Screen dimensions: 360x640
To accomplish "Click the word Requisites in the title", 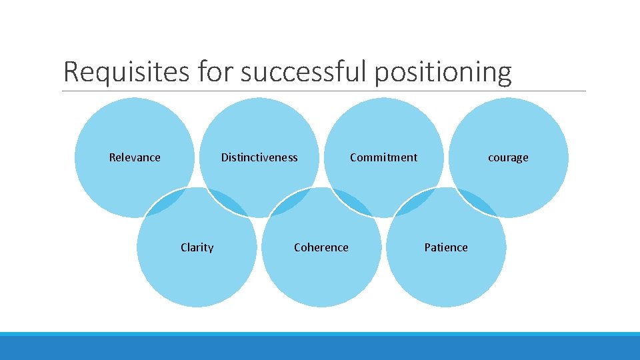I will [126, 72].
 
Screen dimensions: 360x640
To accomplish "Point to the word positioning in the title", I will [443, 72].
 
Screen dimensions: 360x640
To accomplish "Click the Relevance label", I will [135, 157].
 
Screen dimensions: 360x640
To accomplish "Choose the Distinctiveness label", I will [259, 157].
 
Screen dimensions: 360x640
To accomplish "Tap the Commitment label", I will [383, 157].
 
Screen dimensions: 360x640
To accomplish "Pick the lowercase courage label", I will [508, 157].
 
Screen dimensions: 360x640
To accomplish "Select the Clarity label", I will [197, 247].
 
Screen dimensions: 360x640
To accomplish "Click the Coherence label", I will [321, 247].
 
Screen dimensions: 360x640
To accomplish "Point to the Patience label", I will [446, 247].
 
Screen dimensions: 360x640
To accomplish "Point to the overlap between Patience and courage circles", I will [477, 203].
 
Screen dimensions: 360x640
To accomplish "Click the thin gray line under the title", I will [324, 91].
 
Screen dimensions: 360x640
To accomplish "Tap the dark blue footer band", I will [320, 349].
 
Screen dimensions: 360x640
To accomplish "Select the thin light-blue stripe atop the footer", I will [320, 334].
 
